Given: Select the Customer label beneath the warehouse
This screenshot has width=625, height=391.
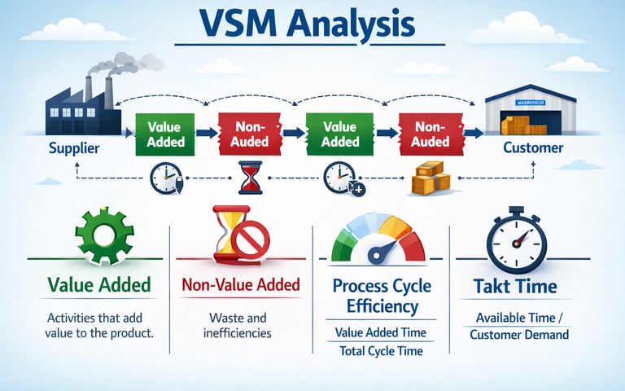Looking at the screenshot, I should pos(532,147).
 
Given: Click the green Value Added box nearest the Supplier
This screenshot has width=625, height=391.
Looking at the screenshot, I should pos(166,134).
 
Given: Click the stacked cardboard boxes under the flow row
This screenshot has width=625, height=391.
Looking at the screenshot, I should pos(427,178).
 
